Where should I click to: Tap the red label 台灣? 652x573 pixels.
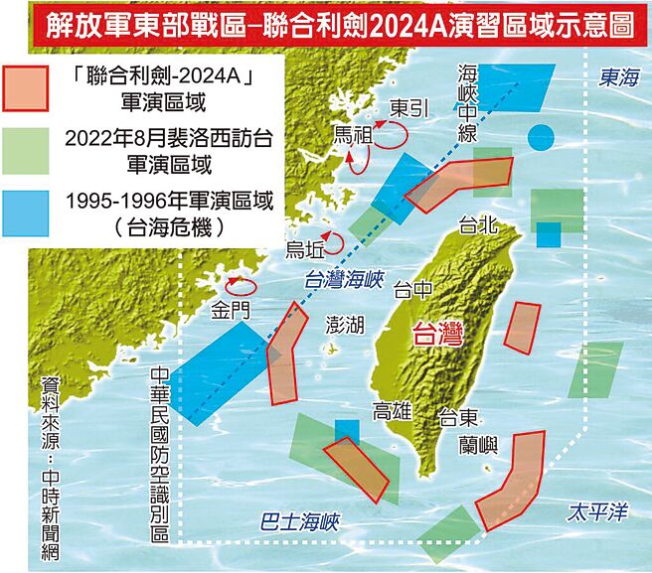coord(438,335)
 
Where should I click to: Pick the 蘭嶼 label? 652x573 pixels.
coord(480,443)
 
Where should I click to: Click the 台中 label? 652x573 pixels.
coord(414,290)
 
